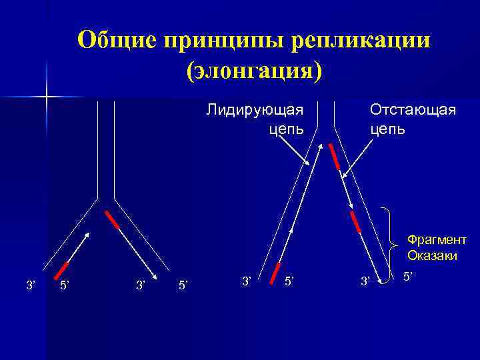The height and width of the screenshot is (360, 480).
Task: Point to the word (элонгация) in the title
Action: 255,69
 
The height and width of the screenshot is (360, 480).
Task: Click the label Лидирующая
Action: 254,109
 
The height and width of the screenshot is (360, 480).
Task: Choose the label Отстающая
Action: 413,109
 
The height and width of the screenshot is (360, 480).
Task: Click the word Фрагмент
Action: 436,240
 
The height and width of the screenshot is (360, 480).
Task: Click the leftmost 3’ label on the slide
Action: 30,285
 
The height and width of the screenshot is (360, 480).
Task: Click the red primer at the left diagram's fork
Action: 111,219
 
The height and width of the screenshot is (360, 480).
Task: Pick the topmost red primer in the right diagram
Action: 335,157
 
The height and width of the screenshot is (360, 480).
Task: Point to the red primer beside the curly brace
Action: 355,221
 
